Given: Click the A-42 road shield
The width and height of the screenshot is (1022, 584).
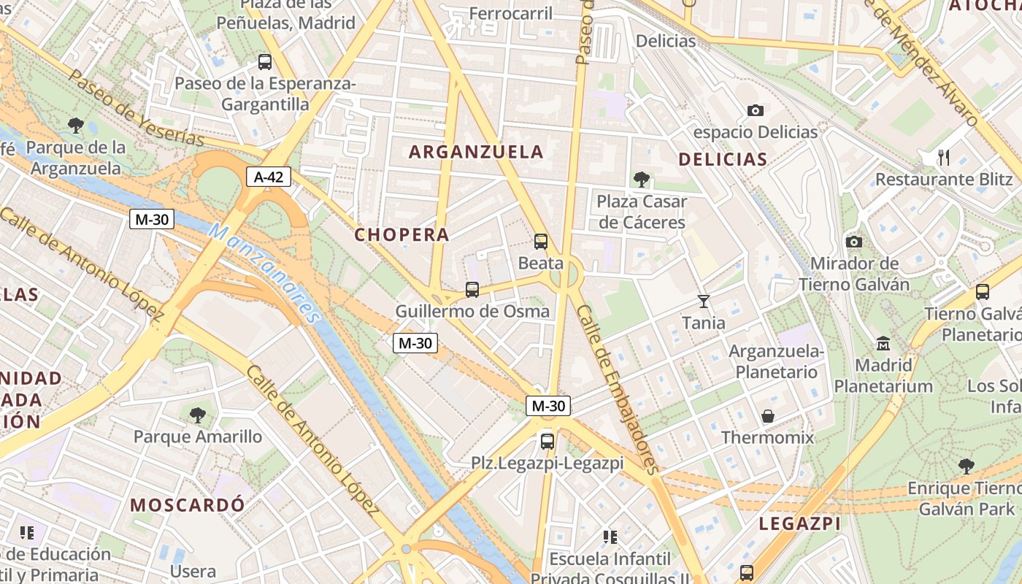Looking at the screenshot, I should tap(269, 176).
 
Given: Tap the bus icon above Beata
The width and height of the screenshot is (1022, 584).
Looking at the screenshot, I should tap(541, 241).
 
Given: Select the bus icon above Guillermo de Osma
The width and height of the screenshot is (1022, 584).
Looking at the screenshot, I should tap(472, 290).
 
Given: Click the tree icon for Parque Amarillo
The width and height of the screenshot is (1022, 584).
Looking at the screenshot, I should tap(197, 415).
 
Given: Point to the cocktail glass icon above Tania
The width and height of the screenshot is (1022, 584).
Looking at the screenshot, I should tap(704, 301).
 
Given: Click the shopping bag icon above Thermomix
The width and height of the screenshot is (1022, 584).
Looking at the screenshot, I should tap(768, 416).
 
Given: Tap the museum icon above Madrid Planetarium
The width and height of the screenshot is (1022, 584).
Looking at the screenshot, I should tap(883, 342).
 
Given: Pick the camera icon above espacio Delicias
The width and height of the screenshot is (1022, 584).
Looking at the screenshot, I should tap(756, 110).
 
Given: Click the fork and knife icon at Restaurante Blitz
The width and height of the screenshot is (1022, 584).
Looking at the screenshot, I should tap(944, 157).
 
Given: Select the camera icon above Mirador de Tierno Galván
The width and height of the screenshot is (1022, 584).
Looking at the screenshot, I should tap(853, 242).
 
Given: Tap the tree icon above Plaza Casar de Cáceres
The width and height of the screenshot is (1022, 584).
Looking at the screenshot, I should tap(642, 179).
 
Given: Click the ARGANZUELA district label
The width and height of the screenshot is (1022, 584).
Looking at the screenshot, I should tap(477, 152).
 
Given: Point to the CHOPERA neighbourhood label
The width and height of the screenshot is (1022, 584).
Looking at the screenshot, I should tap(401, 235).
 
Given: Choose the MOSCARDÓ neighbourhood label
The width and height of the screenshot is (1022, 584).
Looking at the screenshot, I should tap(188, 504).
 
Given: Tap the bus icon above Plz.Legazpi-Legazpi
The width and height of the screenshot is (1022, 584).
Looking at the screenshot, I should tap(547, 441).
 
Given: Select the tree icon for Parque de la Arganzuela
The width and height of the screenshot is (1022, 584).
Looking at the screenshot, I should tap(75, 126).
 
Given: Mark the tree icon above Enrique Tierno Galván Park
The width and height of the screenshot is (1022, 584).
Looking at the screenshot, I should tap(967, 466).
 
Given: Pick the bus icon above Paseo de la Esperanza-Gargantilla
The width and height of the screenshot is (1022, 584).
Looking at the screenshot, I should tap(265, 62).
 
